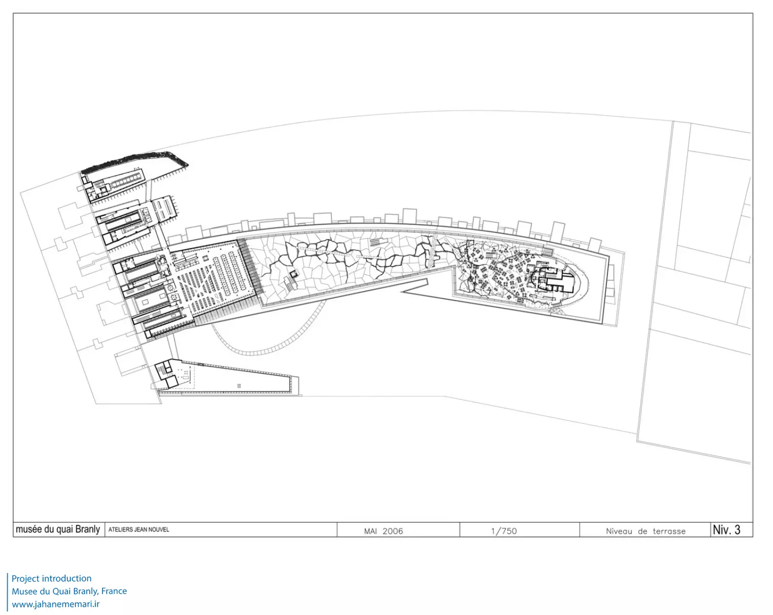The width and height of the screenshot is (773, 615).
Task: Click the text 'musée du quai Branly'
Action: (58, 529)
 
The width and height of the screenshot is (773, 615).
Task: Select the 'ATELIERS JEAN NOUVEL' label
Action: (138, 529)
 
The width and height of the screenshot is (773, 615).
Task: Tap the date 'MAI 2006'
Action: (383, 531)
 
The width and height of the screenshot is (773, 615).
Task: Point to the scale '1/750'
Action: (504, 531)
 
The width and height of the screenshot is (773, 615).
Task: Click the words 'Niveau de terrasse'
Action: (645, 531)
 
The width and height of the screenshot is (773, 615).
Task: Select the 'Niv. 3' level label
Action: (726, 529)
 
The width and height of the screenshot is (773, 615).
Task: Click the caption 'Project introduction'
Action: (51, 579)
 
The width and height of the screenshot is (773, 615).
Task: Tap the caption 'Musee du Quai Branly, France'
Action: (69, 591)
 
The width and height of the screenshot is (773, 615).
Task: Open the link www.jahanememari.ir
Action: (56, 604)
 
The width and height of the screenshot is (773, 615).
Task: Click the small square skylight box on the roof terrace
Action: (294, 274)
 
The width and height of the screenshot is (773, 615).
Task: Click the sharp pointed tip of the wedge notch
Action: (401, 292)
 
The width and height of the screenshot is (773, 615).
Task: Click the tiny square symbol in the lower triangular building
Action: (239, 386)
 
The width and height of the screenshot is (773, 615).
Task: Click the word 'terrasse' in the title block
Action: (669, 531)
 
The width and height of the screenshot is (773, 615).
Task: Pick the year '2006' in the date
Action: (392, 531)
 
